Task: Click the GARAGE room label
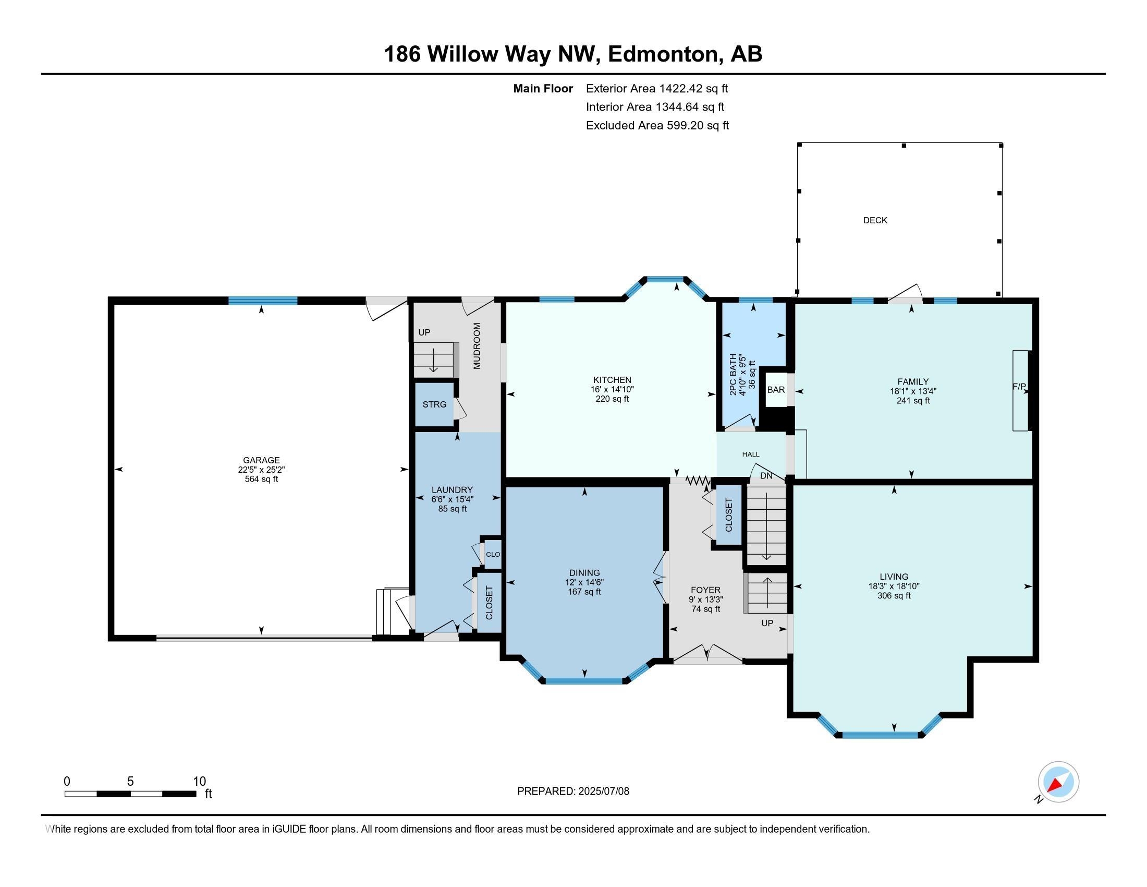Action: (261, 460)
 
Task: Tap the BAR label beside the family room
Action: (776, 390)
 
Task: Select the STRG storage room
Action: (434, 404)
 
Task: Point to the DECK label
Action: (875, 220)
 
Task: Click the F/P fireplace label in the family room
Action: (1019, 387)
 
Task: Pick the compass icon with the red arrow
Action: (1058, 782)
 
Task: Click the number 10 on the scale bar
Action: (200, 782)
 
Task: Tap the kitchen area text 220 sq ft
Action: (612, 399)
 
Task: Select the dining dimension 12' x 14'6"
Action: (584, 582)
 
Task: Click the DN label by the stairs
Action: (766, 476)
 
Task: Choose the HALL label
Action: (750, 454)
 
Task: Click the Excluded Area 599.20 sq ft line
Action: (657, 125)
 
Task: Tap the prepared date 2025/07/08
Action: (603, 792)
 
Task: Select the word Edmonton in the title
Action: (663, 54)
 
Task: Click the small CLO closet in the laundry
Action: (493, 554)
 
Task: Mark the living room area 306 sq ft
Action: (894, 596)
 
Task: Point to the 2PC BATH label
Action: (733, 374)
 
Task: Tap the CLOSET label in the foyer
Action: (729, 515)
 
